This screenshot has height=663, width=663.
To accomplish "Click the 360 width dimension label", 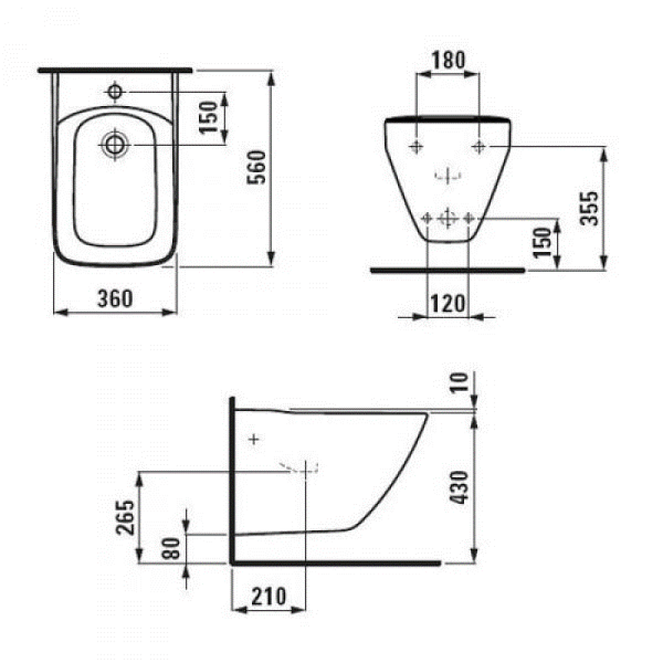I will (x=114, y=299).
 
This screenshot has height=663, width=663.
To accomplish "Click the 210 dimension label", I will (x=269, y=595).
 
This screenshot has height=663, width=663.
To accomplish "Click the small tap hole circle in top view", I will (x=115, y=90).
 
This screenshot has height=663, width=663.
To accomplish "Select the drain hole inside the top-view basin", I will (x=114, y=144).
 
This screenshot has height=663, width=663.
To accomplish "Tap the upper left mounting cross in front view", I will (x=416, y=146).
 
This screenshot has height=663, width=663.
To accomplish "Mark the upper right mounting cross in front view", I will (x=479, y=146).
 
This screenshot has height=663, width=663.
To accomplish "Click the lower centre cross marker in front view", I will (x=448, y=218).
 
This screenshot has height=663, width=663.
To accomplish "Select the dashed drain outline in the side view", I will (x=303, y=469).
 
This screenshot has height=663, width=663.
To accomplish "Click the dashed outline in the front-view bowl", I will (x=448, y=176).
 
